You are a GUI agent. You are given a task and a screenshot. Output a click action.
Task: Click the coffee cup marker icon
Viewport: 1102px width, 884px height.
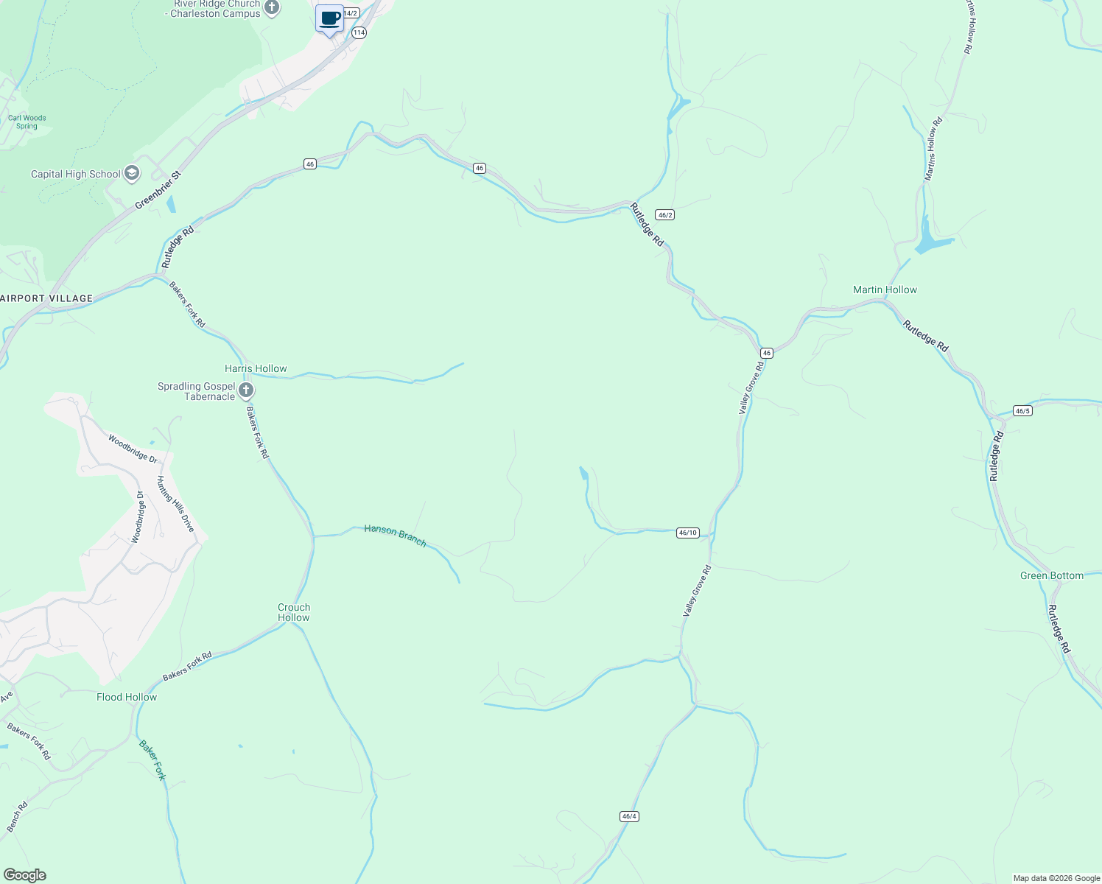(330, 18)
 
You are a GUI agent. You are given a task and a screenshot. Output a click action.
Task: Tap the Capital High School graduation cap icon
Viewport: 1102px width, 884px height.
(132, 174)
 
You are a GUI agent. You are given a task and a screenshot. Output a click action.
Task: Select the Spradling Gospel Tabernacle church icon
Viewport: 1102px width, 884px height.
(246, 390)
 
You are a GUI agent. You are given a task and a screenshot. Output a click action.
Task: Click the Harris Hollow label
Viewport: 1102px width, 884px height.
(256, 368)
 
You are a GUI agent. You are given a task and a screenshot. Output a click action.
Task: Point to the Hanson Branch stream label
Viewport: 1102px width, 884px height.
(395, 536)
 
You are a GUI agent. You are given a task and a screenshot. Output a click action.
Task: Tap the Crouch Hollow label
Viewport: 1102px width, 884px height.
(294, 612)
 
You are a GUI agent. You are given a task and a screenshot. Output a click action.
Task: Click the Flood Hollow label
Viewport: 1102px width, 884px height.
(127, 697)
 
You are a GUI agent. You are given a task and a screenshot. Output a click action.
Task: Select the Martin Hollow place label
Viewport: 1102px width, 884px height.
(885, 290)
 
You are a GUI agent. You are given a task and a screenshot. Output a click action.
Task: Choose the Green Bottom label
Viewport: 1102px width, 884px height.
(1052, 575)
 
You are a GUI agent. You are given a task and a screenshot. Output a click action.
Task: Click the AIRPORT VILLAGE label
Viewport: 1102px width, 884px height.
(47, 298)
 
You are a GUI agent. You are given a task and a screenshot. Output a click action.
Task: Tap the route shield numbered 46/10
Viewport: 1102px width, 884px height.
(687, 533)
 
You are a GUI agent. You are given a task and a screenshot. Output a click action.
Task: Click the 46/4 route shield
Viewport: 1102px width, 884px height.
(629, 816)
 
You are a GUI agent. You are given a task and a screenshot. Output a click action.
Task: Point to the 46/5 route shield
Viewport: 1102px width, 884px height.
(1022, 410)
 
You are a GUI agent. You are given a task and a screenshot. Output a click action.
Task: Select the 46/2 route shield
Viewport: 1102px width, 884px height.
(665, 215)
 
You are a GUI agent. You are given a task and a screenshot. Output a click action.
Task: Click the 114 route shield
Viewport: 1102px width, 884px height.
(359, 32)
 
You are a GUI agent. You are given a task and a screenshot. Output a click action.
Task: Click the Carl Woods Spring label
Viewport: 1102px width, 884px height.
(27, 122)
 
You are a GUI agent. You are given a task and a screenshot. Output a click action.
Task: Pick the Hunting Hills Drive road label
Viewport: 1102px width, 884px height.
(175, 504)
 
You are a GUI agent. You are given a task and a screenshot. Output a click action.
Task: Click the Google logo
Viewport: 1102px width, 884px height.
(24, 875)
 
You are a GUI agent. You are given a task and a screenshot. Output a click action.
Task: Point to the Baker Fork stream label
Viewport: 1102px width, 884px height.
(152, 760)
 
